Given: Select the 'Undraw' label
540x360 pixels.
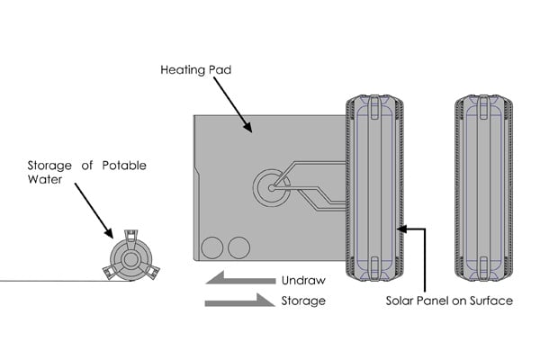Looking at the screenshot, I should pyautogui.click(x=302, y=280).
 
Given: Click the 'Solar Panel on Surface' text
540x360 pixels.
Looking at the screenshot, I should pyautogui.click(x=449, y=301).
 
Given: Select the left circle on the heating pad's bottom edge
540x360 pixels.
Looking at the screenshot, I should pyautogui.click(x=211, y=247).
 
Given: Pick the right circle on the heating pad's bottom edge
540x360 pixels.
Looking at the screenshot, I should pyautogui.click(x=238, y=247).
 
